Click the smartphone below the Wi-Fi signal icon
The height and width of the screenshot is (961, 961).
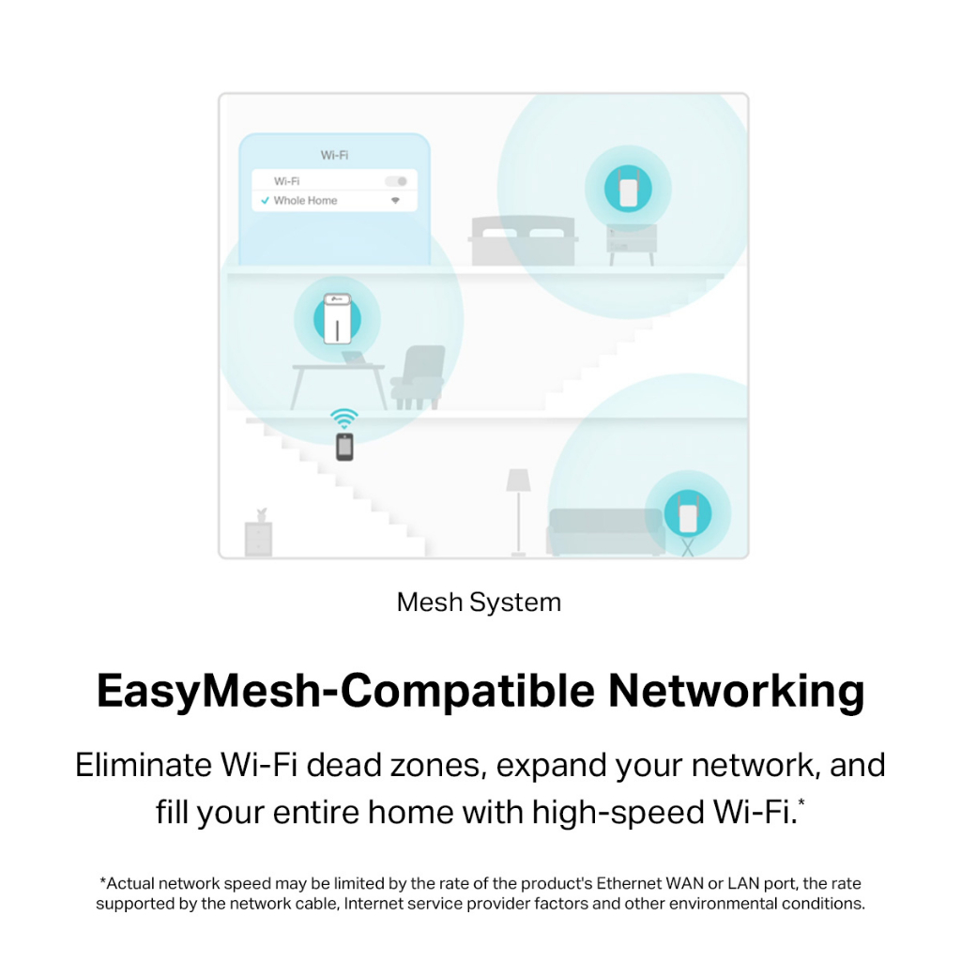click(345, 448)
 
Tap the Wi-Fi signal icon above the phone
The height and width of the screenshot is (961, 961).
click(344, 418)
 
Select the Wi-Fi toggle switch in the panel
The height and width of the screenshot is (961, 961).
click(396, 181)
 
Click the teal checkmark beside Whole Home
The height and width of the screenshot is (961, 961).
click(266, 201)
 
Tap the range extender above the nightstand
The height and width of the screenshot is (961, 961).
click(627, 187)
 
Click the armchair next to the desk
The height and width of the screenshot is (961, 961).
click(419, 375)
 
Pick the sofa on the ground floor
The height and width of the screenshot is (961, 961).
click(606, 531)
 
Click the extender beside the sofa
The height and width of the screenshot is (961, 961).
click(688, 512)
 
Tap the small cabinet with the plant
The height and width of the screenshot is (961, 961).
click(258, 536)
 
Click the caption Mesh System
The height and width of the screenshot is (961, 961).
click(479, 602)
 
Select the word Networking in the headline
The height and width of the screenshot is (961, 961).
click(736, 692)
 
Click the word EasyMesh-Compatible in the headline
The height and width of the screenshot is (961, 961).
click(344, 692)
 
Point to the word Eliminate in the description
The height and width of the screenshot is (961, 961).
click(144, 765)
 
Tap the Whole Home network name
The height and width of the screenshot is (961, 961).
click(305, 201)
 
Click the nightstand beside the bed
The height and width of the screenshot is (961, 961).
click(631, 241)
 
